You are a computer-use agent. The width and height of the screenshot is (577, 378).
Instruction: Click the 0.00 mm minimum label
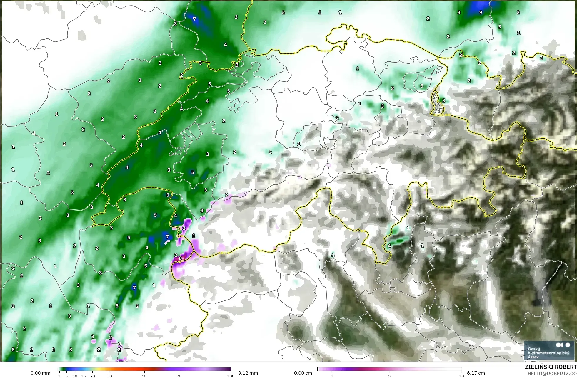click(40, 373)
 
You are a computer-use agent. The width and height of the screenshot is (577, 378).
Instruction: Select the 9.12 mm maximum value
click(248, 373)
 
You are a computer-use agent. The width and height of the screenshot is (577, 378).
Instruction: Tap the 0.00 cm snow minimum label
click(303, 373)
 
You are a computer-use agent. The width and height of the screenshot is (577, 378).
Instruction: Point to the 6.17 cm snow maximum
click(476, 373)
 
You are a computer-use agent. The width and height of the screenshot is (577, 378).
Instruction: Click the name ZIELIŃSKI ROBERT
click(551, 367)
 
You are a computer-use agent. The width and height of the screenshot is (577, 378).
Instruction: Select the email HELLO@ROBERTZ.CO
click(552, 374)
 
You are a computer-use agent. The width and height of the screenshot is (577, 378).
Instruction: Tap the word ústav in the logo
click(533, 357)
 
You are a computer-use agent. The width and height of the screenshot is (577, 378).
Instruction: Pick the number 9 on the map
click(481, 12)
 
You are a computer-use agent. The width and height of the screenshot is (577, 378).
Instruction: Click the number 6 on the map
click(180, 258)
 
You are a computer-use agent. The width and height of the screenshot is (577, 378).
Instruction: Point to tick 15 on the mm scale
click(84, 376)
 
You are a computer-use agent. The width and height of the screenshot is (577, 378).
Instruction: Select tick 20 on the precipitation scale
click(93, 376)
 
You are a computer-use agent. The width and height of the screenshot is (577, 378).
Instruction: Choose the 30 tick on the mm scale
click(110, 376)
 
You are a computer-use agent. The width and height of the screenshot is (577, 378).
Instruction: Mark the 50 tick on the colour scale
click(144, 376)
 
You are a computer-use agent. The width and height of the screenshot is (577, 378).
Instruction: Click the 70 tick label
click(179, 376)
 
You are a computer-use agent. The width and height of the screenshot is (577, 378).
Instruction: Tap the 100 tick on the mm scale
click(231, 376)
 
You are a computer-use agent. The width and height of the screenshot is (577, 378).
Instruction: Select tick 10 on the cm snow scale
click(461, 376)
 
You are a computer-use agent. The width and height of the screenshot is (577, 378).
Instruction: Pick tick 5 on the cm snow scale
click(389, 376)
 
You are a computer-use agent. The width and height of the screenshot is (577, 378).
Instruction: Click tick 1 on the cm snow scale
click(332, 376)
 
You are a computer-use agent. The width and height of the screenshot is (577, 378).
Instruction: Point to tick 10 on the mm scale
click(75, 376)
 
